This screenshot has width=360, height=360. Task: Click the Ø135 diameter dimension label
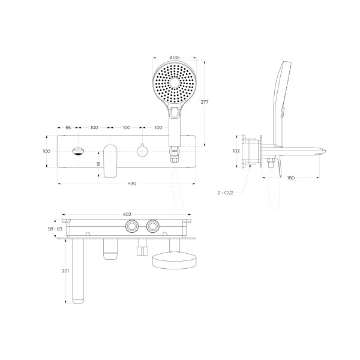(x=175, y=58)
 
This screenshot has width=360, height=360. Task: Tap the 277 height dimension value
(x=205, y=102)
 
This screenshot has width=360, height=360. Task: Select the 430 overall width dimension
(x=132, y=184)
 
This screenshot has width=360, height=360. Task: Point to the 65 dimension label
(x=68, y=127)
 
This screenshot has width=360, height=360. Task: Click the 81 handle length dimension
(x=99, y=164)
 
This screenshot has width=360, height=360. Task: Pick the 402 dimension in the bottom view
(x=127, y=214)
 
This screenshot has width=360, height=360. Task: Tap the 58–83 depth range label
(x=55, y=229)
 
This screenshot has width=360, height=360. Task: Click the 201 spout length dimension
(x=65, y=271)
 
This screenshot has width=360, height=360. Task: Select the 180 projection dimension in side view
(x=290, y=178)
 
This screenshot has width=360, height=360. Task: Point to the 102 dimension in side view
(x=236, y=151)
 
